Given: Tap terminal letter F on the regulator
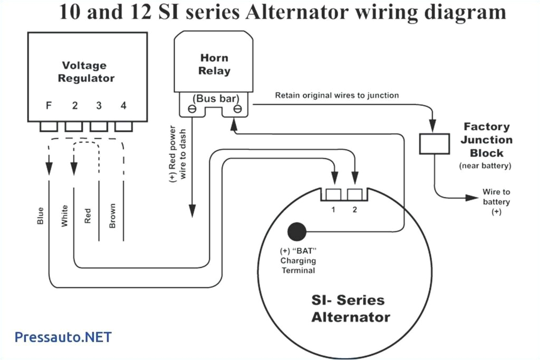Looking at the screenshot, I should (x=49, y=105).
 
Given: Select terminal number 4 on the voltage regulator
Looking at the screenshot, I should (x=123, y=105).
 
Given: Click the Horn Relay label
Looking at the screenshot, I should (x=214, y=64).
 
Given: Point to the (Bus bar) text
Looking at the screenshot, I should (x=214, y=98).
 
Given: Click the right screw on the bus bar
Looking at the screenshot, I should (x=238, y=110).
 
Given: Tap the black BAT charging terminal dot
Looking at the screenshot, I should (x=297, y=231).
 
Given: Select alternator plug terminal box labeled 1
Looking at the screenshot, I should (x=334, y=194).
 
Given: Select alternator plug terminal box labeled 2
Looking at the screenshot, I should (x=355, y=194).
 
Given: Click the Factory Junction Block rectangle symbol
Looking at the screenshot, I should (x=434, y=144).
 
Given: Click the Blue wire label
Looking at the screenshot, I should (x=41, y=215).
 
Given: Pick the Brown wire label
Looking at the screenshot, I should (x=112, y=216).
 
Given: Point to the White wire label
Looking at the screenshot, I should (x=65, y=215).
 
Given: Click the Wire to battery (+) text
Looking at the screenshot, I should (x=496, y=202).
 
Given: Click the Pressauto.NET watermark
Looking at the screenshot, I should (x=63, y=337).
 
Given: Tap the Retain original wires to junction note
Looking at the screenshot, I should (x=336, y=95).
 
